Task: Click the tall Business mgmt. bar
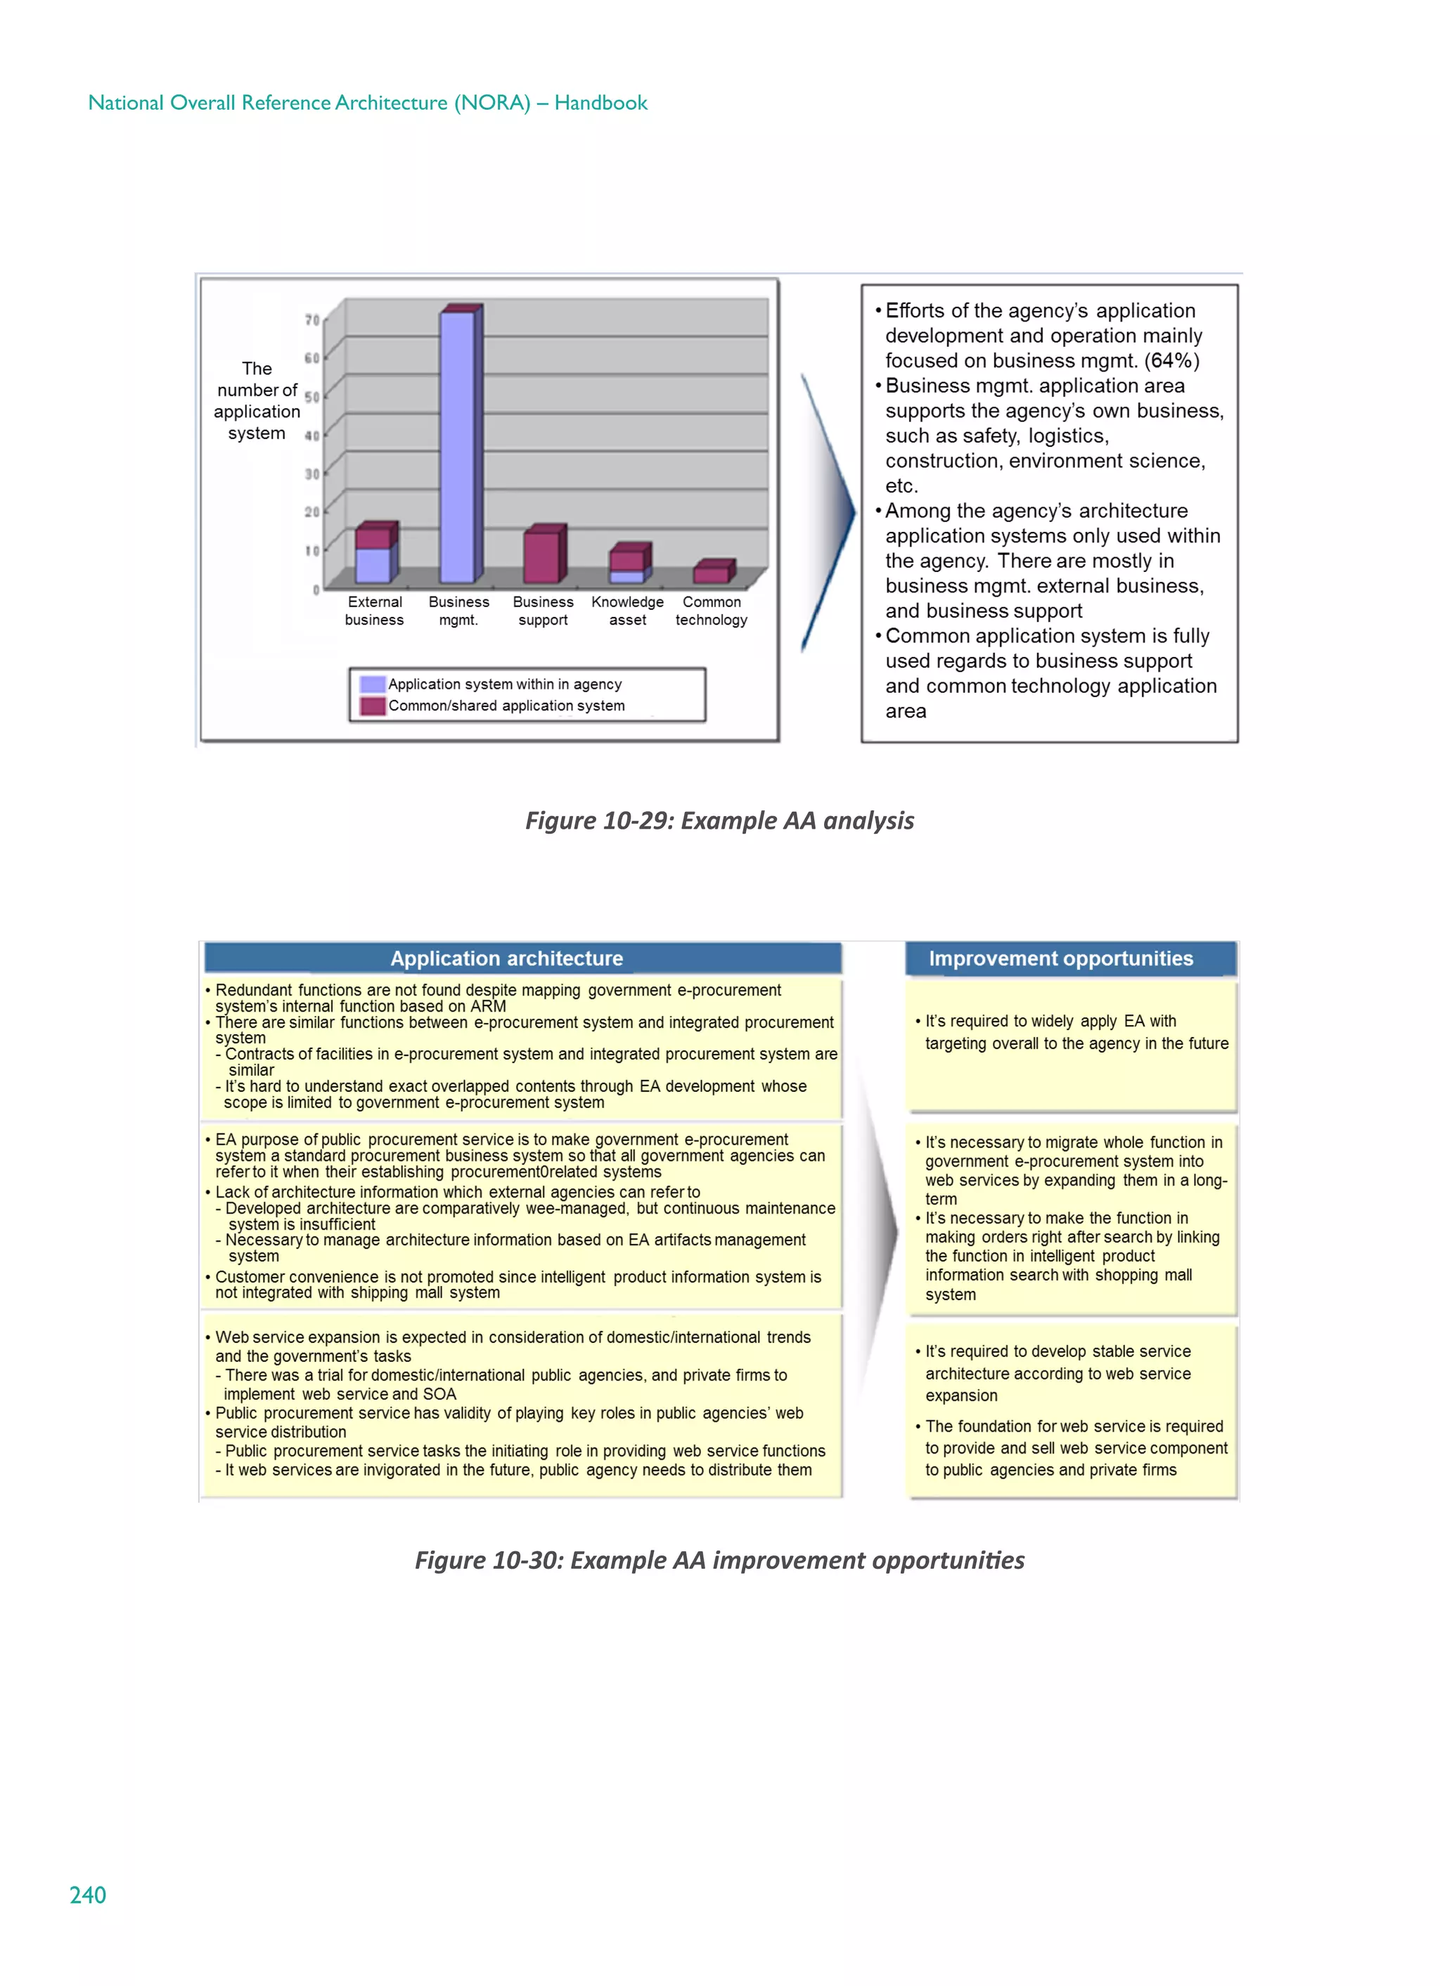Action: tap(458, 447)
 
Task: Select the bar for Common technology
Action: tap(712, 573)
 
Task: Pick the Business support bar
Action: tap(542, 557)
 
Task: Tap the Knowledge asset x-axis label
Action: tap(628, 611)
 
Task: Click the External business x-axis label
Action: tap(375, 611)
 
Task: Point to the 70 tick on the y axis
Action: tap(311, 321)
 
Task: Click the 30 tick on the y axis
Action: tap(311, 473)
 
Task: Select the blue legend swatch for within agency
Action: tap(373, 684)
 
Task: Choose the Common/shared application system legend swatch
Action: tap(373, 706)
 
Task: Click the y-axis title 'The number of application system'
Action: tap(257, 400)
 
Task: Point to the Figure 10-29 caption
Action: tap(719, 820)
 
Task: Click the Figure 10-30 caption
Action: tap(719, 1560)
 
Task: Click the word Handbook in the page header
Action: tap(600, 103)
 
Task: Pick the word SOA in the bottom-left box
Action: tap(439, 1394)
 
